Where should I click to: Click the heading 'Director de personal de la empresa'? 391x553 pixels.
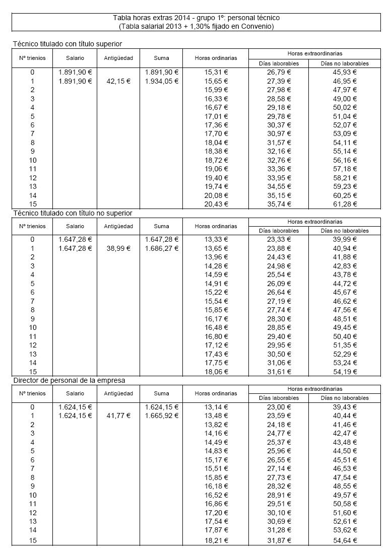click(69, 380)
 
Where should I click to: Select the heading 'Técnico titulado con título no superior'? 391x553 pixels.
click(73, 213)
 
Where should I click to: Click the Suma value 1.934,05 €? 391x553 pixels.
click(161, 81)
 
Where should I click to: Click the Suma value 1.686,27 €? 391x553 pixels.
click(161, 248)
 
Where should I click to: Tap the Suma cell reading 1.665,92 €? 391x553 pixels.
click(161, 416)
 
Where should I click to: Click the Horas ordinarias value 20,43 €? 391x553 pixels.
click(216, 204)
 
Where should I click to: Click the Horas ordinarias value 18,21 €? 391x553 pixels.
click(216, 540)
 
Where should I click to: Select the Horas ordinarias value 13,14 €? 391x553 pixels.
click(216, 406)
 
